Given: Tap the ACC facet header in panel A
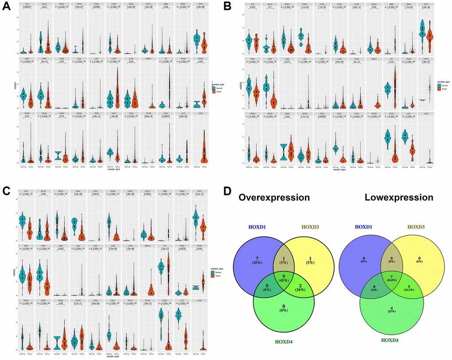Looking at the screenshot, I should click(28, 4).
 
